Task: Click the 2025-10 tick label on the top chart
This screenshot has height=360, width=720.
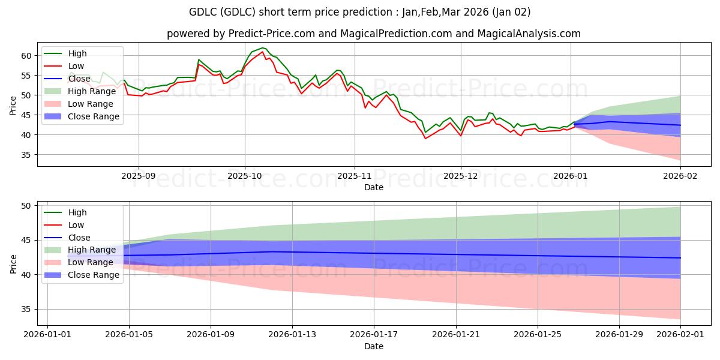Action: click(244, 177)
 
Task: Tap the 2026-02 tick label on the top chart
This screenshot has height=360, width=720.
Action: click(680, 177)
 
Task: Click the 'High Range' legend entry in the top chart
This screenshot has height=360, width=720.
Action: click(92, 91)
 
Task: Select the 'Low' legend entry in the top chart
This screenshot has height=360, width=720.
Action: click(76, 66)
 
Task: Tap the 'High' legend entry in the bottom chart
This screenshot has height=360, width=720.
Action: click(77, 212)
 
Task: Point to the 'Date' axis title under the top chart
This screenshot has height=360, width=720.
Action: click(373, 188)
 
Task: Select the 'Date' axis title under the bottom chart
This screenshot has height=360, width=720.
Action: click(373, 346)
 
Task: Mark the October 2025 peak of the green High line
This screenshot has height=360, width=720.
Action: click(262, 47)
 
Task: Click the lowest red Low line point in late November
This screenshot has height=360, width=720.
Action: click(425, 139)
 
